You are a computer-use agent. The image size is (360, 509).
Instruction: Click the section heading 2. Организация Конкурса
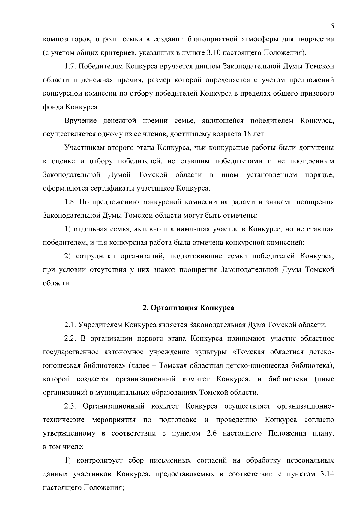(188, 308)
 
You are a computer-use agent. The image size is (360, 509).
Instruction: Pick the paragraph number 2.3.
(71, 406)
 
